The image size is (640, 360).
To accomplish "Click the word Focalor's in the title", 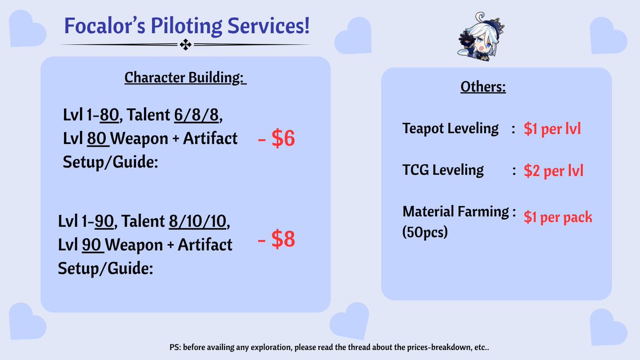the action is click(x=105, y=26).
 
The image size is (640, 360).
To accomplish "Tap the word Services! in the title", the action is click(x=269, y=26).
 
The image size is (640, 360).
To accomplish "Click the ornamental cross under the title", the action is click(x=186, y=45).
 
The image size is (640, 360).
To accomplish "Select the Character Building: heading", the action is click(x=186, y=77).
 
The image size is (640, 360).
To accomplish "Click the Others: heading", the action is click(x=483, y=86).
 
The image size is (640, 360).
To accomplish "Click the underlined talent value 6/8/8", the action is click(x=196, y=115).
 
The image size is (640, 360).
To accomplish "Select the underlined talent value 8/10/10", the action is click(x=197, y=221).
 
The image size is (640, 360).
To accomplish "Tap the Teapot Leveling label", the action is click(x=450, y=129).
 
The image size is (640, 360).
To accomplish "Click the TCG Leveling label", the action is click(x=443, y=170).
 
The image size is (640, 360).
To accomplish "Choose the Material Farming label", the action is click(x=455, y=212).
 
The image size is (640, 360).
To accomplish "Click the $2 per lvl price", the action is click(x=554, y=171).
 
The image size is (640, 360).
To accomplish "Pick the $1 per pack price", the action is click(x=558, y=217).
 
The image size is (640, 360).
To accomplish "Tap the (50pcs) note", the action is click(x=425, y=232).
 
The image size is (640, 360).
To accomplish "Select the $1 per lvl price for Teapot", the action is click(x=553, y=129).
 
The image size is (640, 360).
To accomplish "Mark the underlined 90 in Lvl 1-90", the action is click(x=104, y=221).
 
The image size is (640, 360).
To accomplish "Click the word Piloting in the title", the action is click(x=186, y=26).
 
